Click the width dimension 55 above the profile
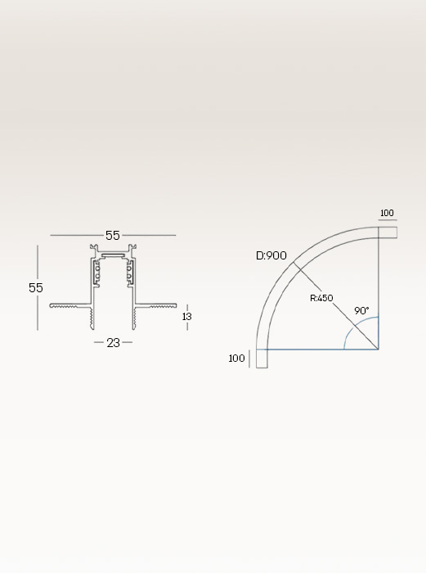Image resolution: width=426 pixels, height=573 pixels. (113, 236)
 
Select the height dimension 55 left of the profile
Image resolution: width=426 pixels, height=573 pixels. (36, 288)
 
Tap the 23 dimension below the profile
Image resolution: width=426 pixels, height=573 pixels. (113, 343)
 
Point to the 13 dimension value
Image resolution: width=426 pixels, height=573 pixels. (187, 316)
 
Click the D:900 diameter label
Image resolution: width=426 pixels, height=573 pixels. (271, 255)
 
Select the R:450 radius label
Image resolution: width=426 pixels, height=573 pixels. (321, 298)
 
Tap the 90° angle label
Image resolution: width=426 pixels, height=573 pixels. (361, 311)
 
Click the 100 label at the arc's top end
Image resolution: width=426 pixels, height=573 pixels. (387, 214)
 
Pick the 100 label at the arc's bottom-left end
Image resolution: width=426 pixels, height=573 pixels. (236, 359)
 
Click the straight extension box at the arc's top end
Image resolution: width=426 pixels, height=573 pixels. (388, 232)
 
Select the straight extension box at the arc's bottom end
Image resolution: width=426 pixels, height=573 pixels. (262, 359)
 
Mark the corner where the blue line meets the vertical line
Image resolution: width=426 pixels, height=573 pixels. (378, 350)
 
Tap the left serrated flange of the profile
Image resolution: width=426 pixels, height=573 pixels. (70, 306)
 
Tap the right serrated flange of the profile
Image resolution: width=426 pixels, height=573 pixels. (155, 306)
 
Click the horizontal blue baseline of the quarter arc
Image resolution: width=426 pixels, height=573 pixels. (319, 350)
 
